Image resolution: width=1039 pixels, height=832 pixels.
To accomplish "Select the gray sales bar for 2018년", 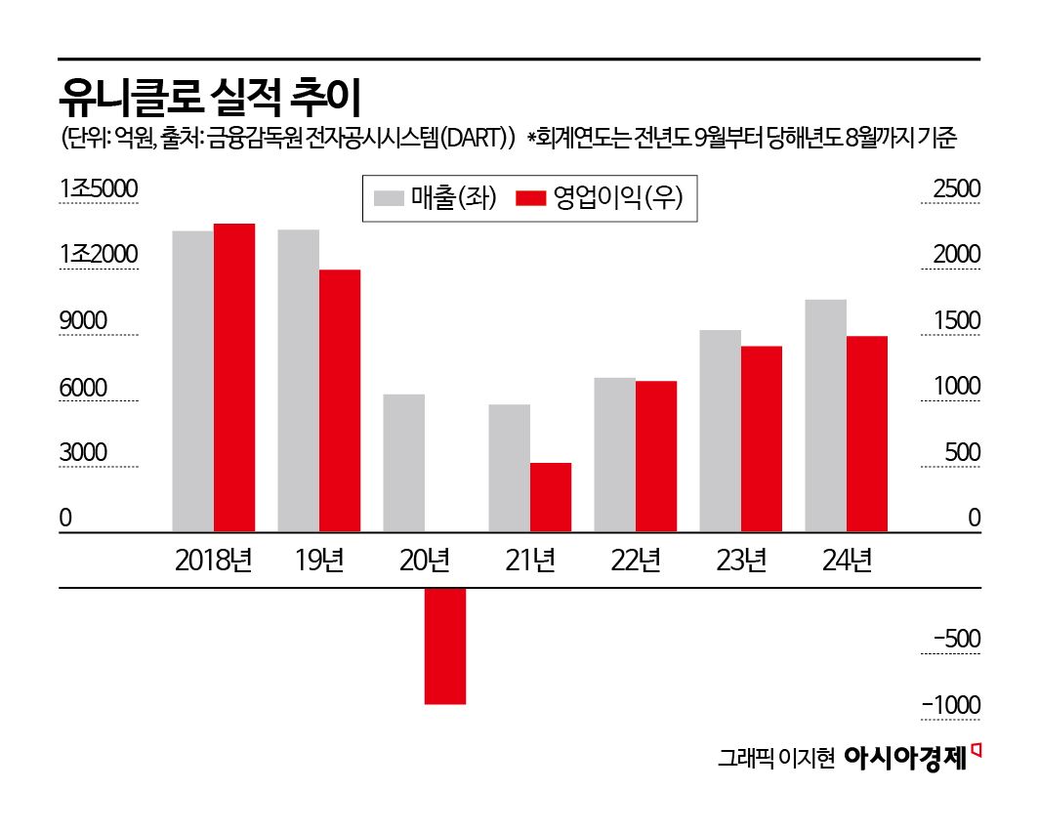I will coord(192,382).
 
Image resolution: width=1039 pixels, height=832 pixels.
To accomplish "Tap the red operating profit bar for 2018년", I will coord(234,378).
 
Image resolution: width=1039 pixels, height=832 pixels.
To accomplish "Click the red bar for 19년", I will coord(340,400).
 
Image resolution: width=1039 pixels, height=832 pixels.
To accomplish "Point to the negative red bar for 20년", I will coord(445,645).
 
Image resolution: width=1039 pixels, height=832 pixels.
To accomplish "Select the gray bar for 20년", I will coord(403,463).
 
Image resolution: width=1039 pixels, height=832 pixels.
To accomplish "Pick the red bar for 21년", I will coord(551,497).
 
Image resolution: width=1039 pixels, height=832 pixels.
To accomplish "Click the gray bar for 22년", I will coord(614,454).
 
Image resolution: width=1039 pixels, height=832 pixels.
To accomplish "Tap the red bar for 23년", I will coord(762,438).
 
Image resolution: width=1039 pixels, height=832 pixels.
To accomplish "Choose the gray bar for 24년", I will coord(825,415).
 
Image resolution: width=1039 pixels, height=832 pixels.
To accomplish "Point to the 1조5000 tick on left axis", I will coord(98,189).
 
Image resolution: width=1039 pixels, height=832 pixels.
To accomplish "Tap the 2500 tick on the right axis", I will coord(957,189).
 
